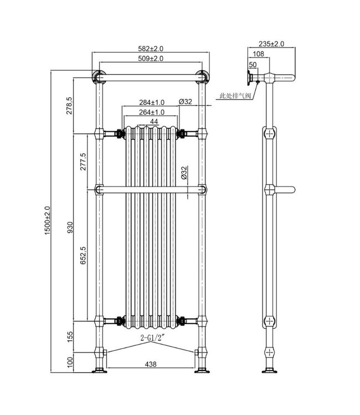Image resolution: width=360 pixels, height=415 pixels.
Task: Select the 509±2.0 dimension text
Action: pos(150,59)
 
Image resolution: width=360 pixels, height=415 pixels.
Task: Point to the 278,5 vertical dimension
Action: pos(70,105)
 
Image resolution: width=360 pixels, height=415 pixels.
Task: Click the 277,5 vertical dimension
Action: pos(83,162)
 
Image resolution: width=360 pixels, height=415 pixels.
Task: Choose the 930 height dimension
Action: pos(70,227)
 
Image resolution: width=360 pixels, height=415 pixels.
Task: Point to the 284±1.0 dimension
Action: pos(145,102)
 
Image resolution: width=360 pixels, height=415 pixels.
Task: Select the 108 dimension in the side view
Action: pos(258,54)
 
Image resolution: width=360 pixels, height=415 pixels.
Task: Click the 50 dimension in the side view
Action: pos(253,65)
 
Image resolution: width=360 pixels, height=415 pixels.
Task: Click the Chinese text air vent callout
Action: pos(235,96)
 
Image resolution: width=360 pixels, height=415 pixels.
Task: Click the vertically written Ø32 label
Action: pos(183,174)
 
